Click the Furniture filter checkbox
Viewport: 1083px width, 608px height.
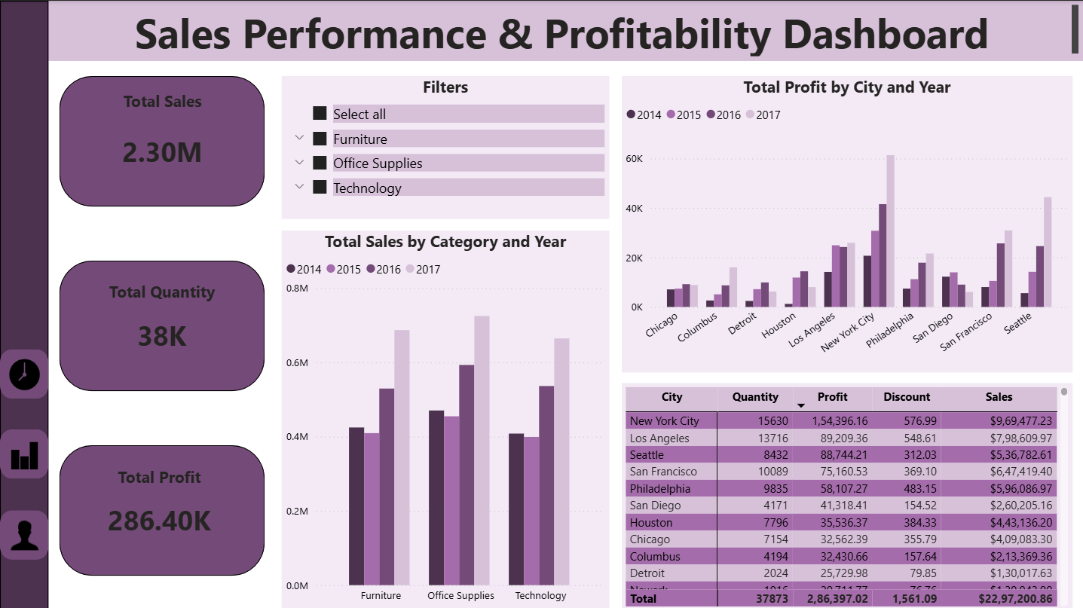pyautogui.click(x=320, y=139)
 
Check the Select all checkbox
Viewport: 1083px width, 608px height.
pyautogui.click(x=320, y=114)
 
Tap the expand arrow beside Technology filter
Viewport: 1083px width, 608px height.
pyautogui.click(x=299, y=187)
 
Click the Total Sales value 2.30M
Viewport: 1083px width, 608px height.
pyautogui.click(x=162, y=153)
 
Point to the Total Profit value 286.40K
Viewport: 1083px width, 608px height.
pyautogui.click(x=159, y=521)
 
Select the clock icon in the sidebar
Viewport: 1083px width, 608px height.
pyautogui.click(x=24, y=374)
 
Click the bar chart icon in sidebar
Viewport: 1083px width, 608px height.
pyautogui.click(x=24, y=454)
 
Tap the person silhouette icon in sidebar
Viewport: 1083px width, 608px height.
pyautogui.click(x=24, y=534)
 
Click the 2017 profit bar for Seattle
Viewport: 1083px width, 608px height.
pyautogui.click(x=1048, y=252)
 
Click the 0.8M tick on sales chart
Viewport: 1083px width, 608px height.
pyautogui.click(x=298, y=288)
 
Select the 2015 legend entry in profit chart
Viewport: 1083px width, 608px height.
pyautogui.click(x=684, y=115)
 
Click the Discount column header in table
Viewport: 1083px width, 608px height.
pyautogui.click(x=907, y=397)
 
